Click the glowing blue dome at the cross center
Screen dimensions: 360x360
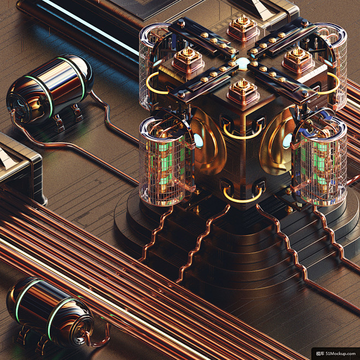pos(243,63)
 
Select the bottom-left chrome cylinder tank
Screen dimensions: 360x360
pos(50,312)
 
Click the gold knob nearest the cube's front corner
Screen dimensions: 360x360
pos(243,91)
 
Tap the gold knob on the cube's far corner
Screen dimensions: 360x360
pos(243,28)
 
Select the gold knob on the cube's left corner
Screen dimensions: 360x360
pos(188,60)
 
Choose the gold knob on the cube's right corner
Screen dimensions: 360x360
pos(298,60)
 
